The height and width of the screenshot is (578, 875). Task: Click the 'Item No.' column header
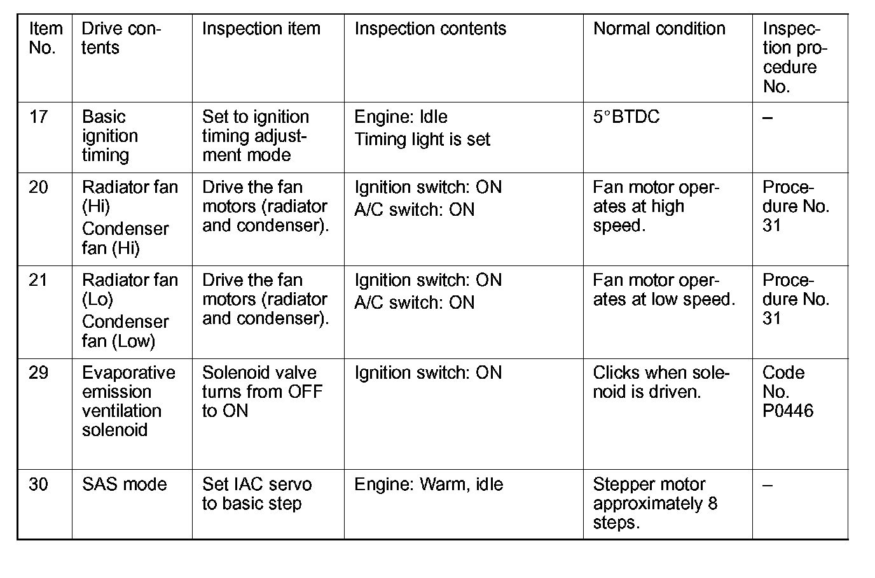pos(45,38)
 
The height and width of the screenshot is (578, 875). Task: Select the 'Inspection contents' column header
pos(430,29)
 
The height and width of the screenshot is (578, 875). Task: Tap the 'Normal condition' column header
pos(659,29)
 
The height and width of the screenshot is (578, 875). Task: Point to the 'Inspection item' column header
pos(261,29)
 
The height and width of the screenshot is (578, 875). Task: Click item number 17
pos(38,117)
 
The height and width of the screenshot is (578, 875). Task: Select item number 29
pos(38,373)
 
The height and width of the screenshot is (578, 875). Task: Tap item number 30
pos(38,484)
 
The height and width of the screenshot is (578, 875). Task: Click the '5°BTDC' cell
pos(626,117)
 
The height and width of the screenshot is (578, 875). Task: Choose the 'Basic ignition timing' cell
pos(109,136)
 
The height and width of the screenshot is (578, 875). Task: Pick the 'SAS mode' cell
pos(124,484)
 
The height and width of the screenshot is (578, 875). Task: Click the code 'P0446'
pos(787,411)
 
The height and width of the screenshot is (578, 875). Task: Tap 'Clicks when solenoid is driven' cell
pos(661,382)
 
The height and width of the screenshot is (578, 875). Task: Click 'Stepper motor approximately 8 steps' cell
pos(655,504)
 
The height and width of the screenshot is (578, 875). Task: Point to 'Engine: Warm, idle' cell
pos(428,484)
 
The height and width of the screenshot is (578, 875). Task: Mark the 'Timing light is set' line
pos(422,140)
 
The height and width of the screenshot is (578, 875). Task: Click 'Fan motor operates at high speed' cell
pos(655,206)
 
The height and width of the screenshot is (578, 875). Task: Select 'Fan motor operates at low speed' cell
pos(663,290)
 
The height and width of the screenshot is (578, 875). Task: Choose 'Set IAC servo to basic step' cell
pos(256,494)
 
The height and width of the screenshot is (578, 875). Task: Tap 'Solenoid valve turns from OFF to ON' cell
pos(261,391)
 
